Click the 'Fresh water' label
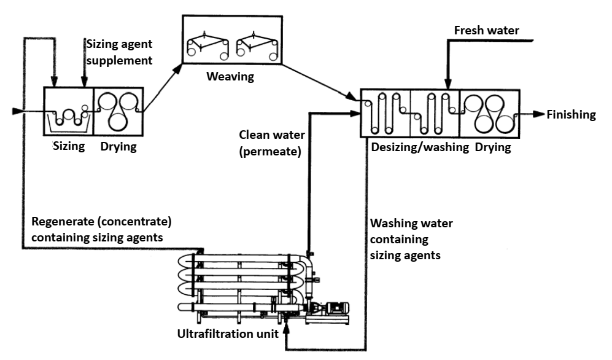[x=486, y=30]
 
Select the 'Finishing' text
[x=571, y=114]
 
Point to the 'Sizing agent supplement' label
[x=118, y=52]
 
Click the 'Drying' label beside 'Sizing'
[x=118, y=147]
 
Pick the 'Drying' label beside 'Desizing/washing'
[x=493, y=148]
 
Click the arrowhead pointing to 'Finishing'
[x=540, y=114]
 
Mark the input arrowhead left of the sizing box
[x=17, y=112]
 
